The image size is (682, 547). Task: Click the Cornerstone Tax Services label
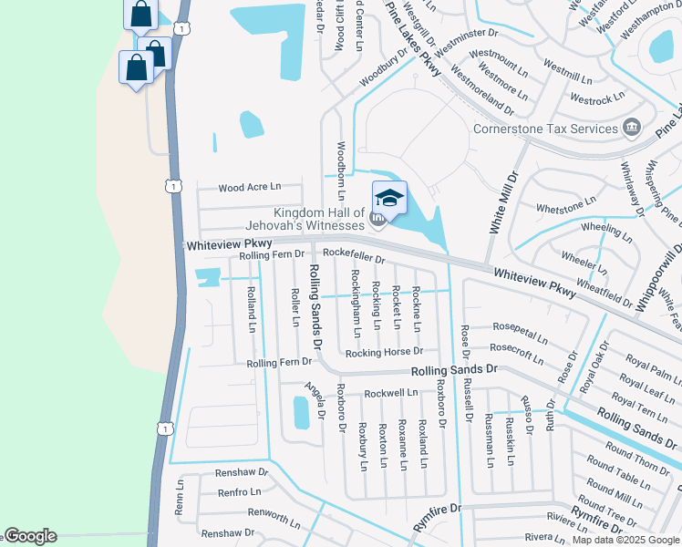point(545,129)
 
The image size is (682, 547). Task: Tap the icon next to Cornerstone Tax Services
point(632,128)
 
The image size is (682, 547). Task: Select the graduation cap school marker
point(389,198)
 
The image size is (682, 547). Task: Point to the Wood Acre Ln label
point(249,187)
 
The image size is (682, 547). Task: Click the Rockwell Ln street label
point(390,393)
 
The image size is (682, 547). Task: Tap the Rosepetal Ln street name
point(520,326)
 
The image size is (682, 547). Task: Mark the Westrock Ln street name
point(596,97)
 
